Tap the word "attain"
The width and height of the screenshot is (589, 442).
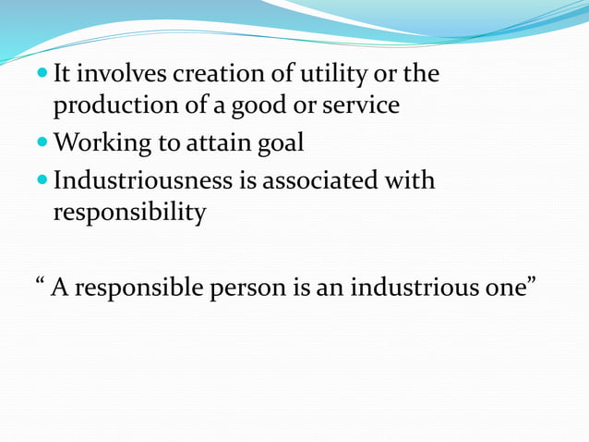click(217, 143)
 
